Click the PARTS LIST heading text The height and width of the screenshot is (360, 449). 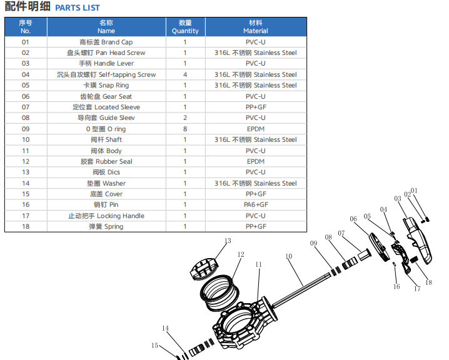pyautogui.click(x=78, y=7)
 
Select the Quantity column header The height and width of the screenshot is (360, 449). pyautogui.click(x=185, y=27)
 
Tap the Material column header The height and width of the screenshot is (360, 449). pyautogui.click(x=256, y=27)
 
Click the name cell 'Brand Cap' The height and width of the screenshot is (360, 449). pyautogui.click(x=106, y=42)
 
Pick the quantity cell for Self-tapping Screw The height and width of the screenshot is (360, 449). pyautogui.click(x=185, y=75)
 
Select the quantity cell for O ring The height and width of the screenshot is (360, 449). pyautogui.click(x=185, y=129)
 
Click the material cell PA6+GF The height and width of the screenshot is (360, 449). pyautogui.click(x=256, y=204)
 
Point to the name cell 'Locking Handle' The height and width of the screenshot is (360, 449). pyautogui.click(x=106, y=216)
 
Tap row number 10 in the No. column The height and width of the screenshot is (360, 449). pyautogui.click(x=26, y=139)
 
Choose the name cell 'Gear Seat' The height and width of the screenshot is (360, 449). pyautogui.click(x=106, y=96)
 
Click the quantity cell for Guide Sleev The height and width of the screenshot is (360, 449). pyautogui.click(x=185, y=118)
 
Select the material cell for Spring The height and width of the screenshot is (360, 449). pyautogui.click(x=256, y=226)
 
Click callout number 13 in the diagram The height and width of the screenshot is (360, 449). pyautogui.click(x=228, y=241)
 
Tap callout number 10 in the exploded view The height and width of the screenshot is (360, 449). pyautogui.click(x=289, y=256)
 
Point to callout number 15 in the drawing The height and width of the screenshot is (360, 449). pyautogui.click(x=154, y=346)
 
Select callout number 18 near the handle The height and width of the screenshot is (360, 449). pyautogui.click(x=428, y=282)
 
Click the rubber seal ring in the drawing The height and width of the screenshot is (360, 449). pyautogui.click(x=219, y=292)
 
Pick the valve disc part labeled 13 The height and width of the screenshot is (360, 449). pyautogui.click(x=204, y=269)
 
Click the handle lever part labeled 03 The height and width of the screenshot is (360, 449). pyautogui.click(x=418, y=240)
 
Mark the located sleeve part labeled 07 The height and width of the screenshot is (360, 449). pyautogui.click(x=364, y=255)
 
